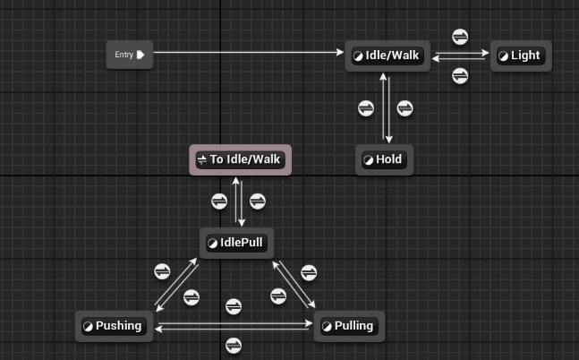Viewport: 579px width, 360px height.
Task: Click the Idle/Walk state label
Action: click(392, 56)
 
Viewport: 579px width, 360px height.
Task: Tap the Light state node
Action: click(519, 56)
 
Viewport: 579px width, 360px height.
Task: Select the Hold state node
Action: click(384, 160)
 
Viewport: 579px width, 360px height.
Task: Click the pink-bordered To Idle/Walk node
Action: click(240, 160)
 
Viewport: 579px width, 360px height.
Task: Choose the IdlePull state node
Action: click(236, 242)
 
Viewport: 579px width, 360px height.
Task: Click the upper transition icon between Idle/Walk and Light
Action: click(460, 37)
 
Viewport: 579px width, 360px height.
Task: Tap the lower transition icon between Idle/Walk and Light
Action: click(460, 76)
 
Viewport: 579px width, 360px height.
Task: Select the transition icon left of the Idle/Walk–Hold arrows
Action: click(366, 108)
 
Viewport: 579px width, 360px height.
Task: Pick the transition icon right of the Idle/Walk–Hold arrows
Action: click(405, 108)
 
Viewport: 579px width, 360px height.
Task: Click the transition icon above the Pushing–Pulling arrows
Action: click(234, 306)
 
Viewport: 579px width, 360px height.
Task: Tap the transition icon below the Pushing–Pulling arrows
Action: click(234, 345)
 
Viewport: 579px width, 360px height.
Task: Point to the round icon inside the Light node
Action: click(503, 56)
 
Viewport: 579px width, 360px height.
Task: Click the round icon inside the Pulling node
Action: click(327, 326)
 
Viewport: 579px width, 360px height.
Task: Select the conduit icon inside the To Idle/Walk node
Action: click(201, 160)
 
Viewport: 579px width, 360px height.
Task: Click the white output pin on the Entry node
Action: click(140, 55)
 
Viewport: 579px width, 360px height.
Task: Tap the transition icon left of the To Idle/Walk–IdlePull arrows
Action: click(219, 201)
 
